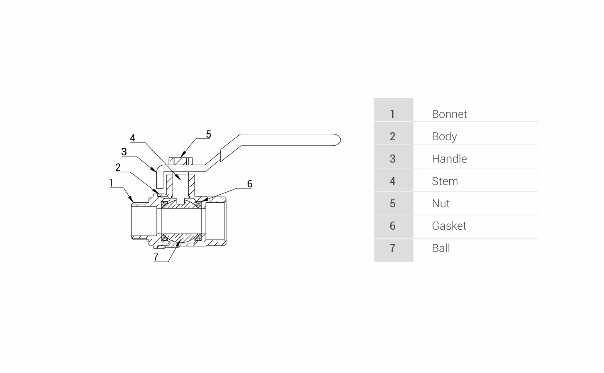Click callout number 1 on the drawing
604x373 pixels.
click(111, 183)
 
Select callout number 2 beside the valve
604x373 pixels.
click(118, 167)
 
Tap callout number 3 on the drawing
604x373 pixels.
click(124, 152)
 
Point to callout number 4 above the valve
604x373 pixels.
click(133, 138)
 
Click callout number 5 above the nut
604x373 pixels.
click(208, 134)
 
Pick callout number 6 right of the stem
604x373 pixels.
click(250, 184)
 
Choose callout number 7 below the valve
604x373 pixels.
click(156, 257)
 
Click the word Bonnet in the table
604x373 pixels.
click(449, 114)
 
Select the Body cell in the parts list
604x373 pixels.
click(444, 136)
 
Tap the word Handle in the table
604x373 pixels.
click(449, 159)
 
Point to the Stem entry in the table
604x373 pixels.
click(445, 181)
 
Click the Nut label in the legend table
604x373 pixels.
click(440, 203)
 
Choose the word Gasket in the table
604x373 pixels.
click(449, 226)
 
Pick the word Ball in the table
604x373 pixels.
click(441, 248)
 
